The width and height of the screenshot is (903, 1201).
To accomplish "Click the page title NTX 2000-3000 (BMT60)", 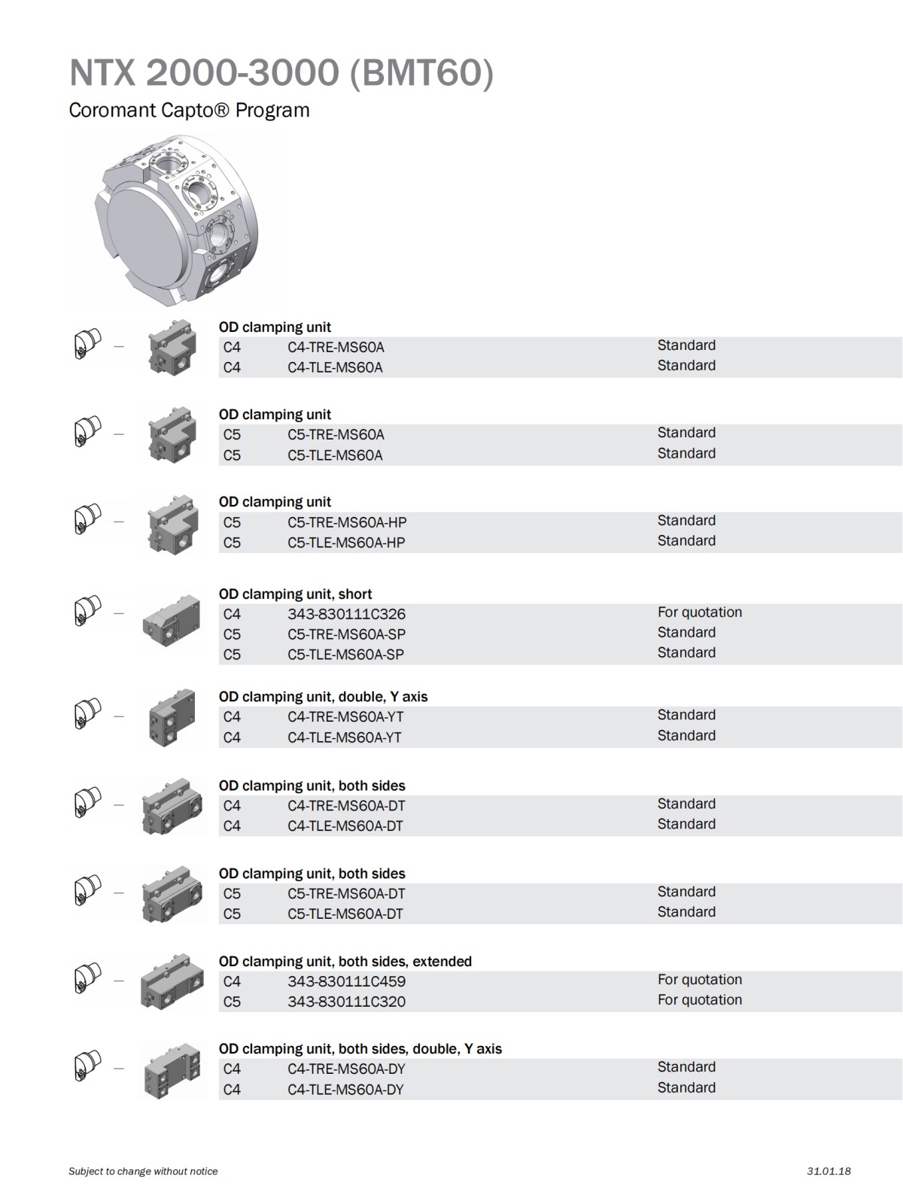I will point(281,73).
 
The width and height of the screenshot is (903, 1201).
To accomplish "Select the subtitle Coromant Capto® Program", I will point(189,111).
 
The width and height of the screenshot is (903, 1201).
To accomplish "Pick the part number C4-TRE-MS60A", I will point(336,347).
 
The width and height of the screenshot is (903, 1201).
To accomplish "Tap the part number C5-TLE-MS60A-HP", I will point(346,543).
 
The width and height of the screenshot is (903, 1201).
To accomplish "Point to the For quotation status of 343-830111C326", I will point(699,613).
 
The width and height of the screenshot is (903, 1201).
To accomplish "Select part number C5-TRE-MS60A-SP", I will point(346,634).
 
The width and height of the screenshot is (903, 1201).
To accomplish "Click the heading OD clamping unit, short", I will point(295,594).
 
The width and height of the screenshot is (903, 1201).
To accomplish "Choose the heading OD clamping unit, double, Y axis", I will point(323,697).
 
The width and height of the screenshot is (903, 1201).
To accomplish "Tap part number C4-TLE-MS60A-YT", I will point(344,737).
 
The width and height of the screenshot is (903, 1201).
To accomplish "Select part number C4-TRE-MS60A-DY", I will point(345,1069).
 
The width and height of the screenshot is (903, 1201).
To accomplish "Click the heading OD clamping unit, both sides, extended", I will point(345,961).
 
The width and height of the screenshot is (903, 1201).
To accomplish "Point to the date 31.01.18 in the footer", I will point(829,1171).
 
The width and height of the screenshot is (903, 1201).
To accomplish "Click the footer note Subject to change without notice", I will point(143,1171).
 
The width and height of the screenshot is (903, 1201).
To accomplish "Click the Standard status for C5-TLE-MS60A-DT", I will point(686,912).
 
